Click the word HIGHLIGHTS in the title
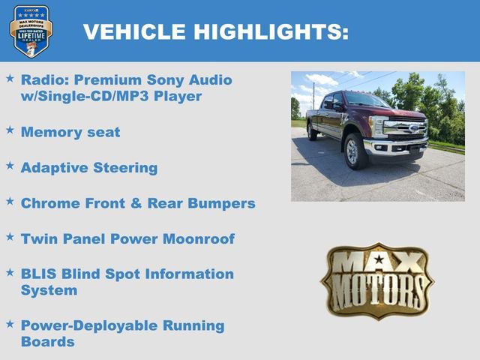(271, 31)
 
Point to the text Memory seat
(70, 132)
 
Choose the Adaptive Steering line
(89, 167)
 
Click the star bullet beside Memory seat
(10, 130)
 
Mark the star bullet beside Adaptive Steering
(10, 165)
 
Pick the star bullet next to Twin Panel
(10, 236)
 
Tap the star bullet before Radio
(10, 77)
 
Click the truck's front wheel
(355, 151)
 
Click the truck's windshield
(364, 100)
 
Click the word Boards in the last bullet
(48, 342)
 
